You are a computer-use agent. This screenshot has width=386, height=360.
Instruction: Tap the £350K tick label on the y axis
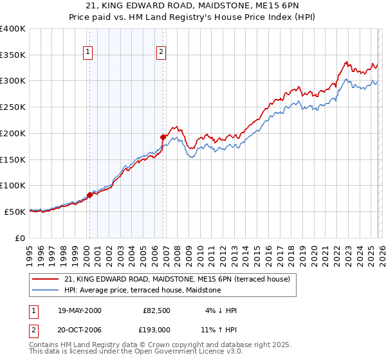click(13, 55)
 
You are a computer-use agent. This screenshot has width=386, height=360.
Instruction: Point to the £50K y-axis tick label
click(15, 212)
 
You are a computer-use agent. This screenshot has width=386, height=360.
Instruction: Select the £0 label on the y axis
click(21, 238)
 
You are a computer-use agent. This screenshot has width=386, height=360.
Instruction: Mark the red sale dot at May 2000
click(89, 195)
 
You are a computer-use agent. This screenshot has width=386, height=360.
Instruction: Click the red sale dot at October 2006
click(163, 137)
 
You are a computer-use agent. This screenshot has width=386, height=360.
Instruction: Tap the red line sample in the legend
click(46, 279)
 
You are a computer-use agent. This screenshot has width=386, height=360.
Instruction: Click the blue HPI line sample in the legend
click(46, 290)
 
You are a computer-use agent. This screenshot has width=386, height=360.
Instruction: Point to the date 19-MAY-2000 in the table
click(79, 310)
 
